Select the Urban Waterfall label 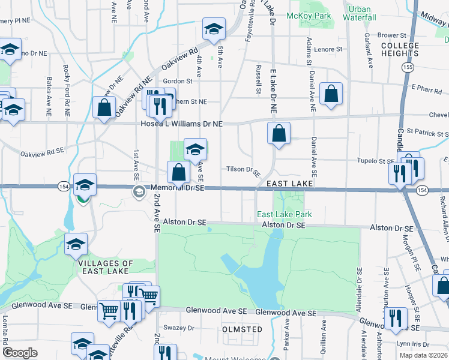(x=360, y=13)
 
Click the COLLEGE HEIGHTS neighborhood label (x=400, y=49)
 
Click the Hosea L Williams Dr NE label (x=181, y=124)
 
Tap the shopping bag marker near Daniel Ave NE (x=331, y=94)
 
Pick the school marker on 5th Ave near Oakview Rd (x=213, y=29)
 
